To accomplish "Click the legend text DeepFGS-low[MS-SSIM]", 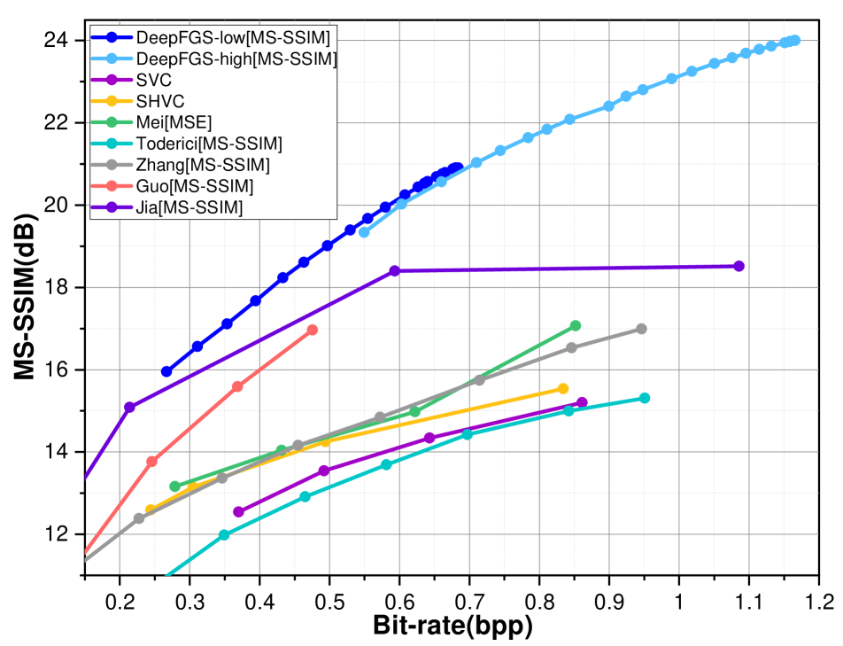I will (233, 37).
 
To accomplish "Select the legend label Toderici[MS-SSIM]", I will (209, 144).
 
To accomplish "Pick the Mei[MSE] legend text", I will (174, 122).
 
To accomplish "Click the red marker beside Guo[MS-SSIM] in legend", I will (112, 186).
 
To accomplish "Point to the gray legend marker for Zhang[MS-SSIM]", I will (112, 165).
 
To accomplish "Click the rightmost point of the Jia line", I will (739, 266).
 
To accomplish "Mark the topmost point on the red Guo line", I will (312, 330).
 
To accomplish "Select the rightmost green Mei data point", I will (576, 326).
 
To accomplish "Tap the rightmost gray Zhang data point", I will (641, 329).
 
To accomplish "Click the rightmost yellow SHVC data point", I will (563, 389).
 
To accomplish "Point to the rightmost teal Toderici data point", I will (645, 398).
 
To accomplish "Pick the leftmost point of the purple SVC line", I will (238, 511).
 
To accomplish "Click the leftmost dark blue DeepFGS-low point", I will (166, 371).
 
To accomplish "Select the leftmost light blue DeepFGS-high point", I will (364, 232).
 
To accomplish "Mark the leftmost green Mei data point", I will (174, 486).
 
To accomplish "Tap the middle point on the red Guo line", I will (236, 386).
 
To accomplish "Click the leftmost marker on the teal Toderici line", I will (224, 534).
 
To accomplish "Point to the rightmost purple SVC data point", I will (582, 402).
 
